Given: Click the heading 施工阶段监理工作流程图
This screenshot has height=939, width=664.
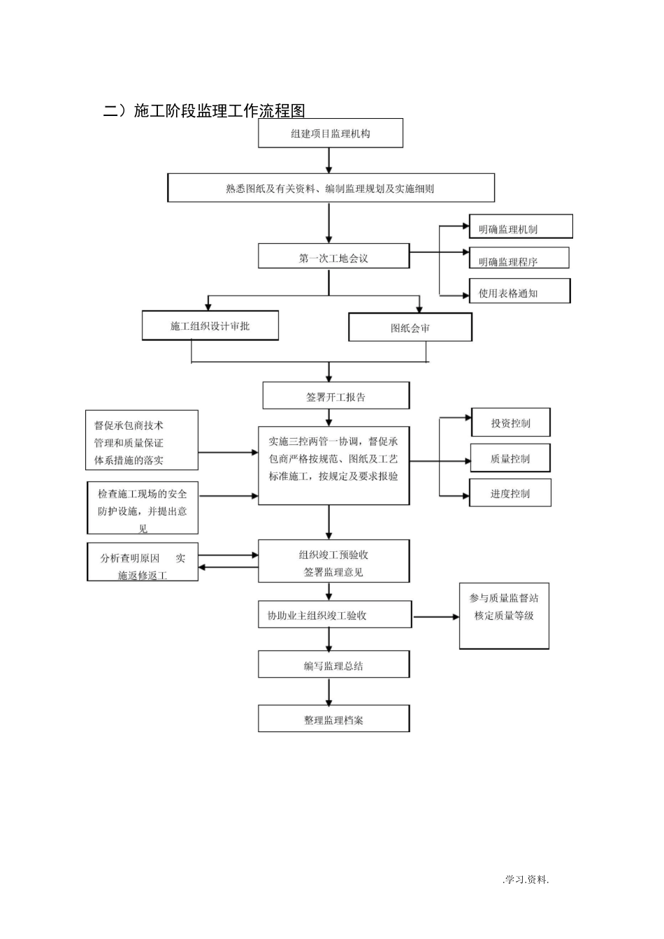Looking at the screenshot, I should pyautogui.click(x=204, y=110).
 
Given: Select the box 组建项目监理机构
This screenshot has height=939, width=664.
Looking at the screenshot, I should pyautogui.click(x=331, y=133).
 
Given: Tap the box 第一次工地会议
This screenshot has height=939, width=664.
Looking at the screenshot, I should pyautogui.click(x=333, y=258).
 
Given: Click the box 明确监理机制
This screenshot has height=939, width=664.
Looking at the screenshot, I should pyautogui.click(x=521, y=227).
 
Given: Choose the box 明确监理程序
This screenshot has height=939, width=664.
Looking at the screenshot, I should pyautogui.click(x=519, y=259).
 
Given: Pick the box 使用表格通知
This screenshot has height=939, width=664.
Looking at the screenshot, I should pyautogui.click(x=519, y=292).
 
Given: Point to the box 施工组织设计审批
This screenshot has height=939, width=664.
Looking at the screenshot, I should pyautogui.click(x=210, y=326).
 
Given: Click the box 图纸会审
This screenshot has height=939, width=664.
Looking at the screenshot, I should pyautogui.click(x=410, y=328).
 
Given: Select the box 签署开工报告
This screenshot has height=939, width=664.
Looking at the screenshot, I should pyautogui.click(x=335, y=396).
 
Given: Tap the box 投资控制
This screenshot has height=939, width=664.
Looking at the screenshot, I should pyautogui.click(x=510, y=423).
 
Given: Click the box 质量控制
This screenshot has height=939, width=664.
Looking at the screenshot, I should pyautogui.click(x=510, y=458).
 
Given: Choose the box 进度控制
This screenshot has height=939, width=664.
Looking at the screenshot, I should pyautogui.click(x=510, y=493).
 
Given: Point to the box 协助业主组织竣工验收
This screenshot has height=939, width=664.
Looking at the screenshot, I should pyautogui.click(x=334, y=616).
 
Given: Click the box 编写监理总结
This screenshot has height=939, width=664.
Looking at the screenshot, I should pyautogui.click(x=333, y=665).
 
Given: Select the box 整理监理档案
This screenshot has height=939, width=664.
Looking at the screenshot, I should pyautogui.click(x=333, y=719).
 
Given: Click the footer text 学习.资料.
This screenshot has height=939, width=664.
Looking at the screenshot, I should pyautogui.click(x=526, y=879).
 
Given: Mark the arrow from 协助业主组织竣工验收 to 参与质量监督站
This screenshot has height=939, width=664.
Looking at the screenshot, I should pyautogui.click(x=435, y=617).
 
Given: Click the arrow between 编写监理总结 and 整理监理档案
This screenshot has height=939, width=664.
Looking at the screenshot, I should pyautogui.click(x=329, y=692).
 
